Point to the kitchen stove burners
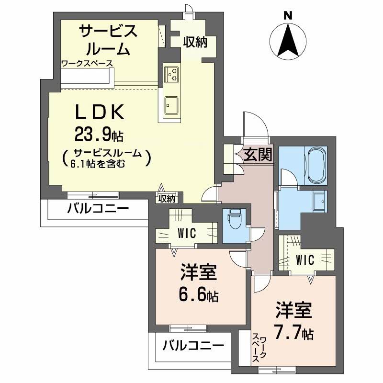(x=172, y=74)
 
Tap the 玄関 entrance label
(x=258, y=154)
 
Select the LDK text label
(x=100, y=113)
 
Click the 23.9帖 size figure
(x=98, y=135)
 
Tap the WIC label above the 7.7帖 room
(x=304, y=260)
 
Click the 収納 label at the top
(x=194, y=42)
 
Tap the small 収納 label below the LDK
(x=167, y=198)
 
